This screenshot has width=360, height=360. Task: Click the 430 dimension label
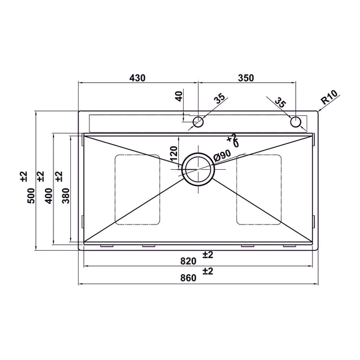[137, 78]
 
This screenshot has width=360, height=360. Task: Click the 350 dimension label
[246, 78]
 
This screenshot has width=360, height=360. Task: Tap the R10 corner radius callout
[329, 97]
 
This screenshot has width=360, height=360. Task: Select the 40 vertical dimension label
[179, 96]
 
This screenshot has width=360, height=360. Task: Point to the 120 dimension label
[174, 154]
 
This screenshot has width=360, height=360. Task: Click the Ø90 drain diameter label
[222, 155]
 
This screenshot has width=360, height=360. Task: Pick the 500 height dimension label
[31, 196]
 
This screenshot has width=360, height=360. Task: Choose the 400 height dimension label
[49, 196]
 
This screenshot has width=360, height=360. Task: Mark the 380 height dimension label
[65, 196]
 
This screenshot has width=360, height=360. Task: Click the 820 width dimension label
[188, 261]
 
